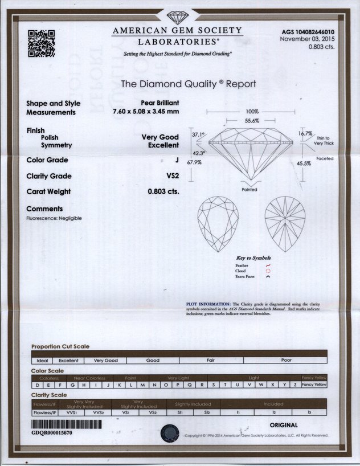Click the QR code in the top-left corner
click(x=40, y=43)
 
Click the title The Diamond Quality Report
click(x=189, y=84)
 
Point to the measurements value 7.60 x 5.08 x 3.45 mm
click(x=146, y=112)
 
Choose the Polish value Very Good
click(x=160, y=137)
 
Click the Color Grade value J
click(x=177, y=161)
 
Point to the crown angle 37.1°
click(x=198, y=134)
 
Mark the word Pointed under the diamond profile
click(x=249, y=189)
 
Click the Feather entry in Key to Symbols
click(x=242, y=265)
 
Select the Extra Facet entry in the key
click(x=246, y=276)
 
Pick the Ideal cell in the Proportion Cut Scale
click(x=42, y=361)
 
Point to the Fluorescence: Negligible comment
click(x=54, y=218)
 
